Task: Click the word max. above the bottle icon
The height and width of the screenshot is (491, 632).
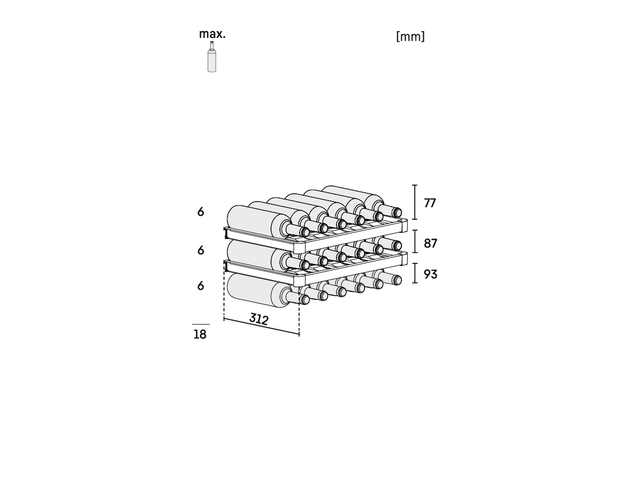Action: [212, 34]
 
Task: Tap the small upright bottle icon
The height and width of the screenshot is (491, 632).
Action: [212, 56]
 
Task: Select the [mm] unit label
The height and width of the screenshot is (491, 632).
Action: [410, 37]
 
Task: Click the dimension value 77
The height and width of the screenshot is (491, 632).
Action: [430, 203]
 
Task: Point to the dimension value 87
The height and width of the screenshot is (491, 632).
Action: [430, 243]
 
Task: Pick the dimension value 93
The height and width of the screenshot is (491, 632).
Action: [430, 274]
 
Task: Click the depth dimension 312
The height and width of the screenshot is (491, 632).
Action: [259, 319]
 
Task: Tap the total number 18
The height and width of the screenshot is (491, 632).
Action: [200, 335]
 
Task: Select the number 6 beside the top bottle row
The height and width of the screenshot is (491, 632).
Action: [201, 212]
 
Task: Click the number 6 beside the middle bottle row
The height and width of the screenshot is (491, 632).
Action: [201, 250]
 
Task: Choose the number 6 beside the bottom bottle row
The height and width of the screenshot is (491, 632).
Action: [201, 286]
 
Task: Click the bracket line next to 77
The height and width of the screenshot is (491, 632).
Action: [415, 202]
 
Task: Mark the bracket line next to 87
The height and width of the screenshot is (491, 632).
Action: [415, 241]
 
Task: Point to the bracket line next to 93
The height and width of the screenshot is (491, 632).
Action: [415, 273]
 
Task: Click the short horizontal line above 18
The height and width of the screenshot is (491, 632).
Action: [201, 324]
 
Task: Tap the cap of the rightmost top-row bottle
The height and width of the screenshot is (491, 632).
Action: [397, 212]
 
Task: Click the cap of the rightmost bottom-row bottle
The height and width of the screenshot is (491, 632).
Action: [397, 280]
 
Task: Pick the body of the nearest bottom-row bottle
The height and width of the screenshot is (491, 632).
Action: [253, 290]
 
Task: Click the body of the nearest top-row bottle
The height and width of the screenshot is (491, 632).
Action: [253, 220]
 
